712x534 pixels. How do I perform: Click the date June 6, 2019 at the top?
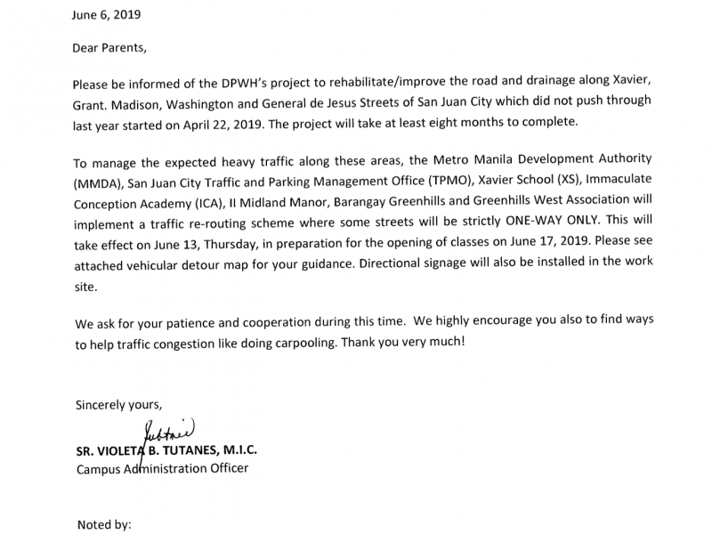[x=108, y=15]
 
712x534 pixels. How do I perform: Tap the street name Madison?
[x=131, y=101]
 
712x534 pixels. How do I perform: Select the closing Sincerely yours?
[x=118, y=406]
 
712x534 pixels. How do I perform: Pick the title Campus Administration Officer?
[x=163, y=469]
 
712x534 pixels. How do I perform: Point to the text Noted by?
[x=104, y=525]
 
